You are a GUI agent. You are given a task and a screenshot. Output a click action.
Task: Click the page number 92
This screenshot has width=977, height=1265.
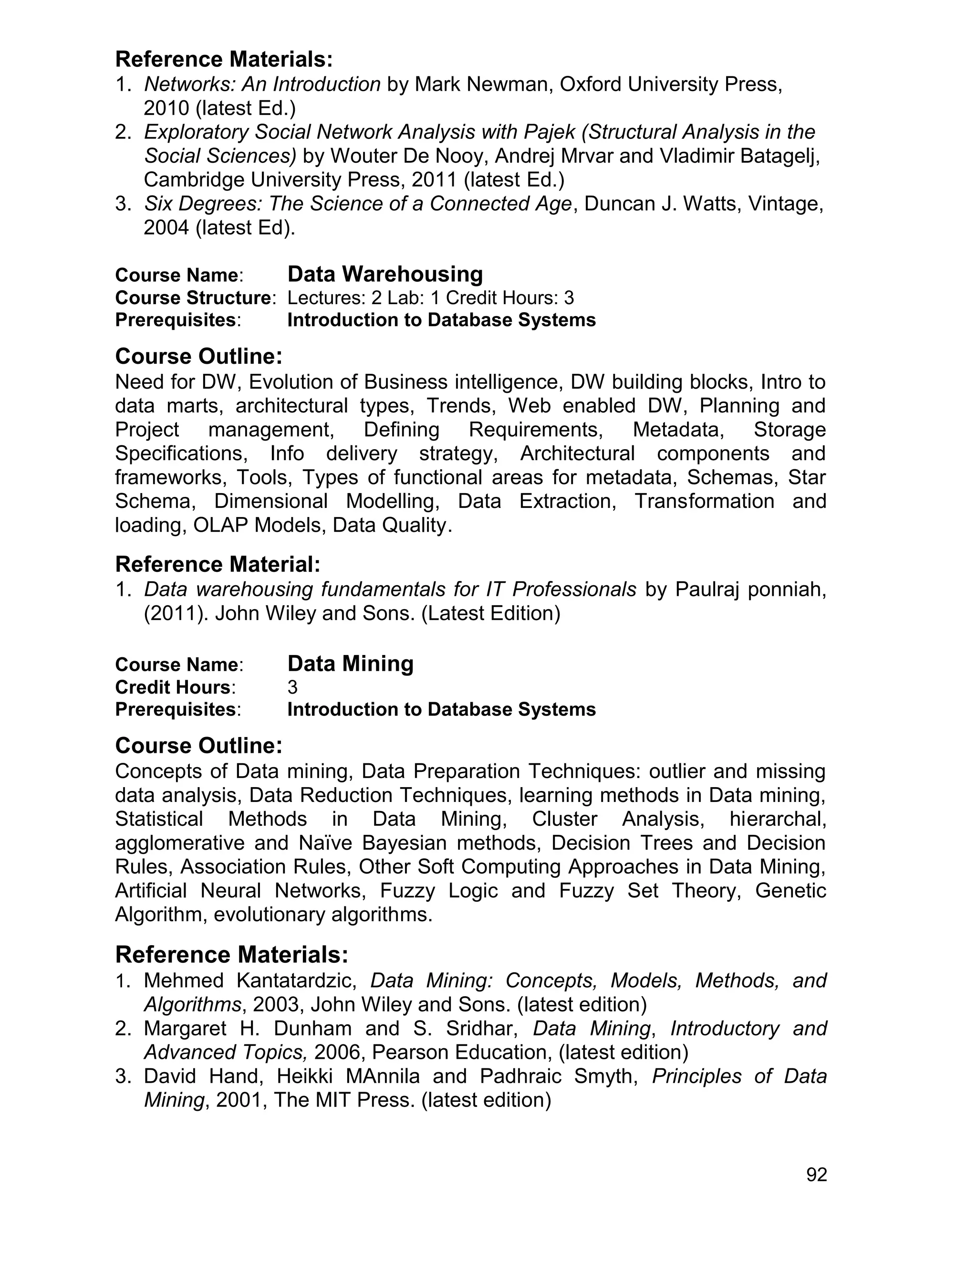[x=817, y=1175]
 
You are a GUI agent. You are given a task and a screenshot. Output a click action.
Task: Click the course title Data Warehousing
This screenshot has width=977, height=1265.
[x=385, y=274]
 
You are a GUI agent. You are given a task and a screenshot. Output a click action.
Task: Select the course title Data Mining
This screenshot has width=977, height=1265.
[x=350, y=663]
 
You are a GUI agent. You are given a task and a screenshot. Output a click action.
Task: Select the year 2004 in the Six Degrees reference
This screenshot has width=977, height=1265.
[x=166, y=228]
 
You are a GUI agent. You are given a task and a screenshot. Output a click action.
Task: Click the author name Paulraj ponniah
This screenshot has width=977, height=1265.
[x=751, y=589]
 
